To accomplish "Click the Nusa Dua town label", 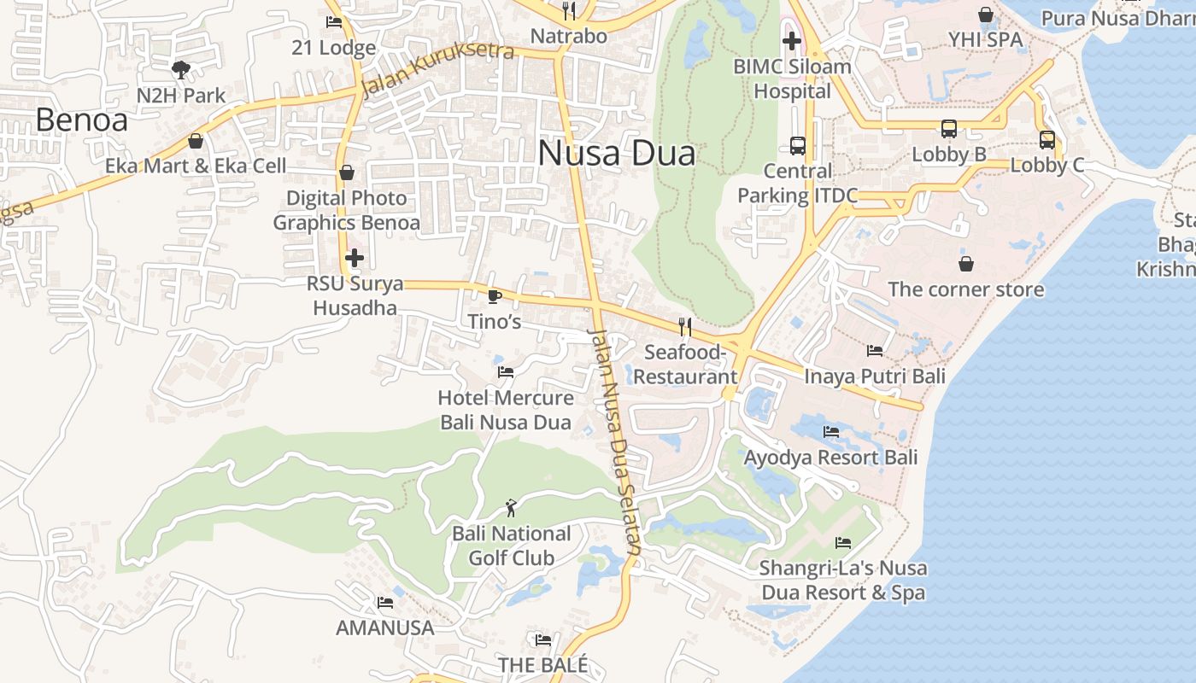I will pos(616,154).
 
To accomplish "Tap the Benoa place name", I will pos(81,120).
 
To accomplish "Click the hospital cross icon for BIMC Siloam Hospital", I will pos(792,40).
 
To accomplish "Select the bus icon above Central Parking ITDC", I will pos(797,145).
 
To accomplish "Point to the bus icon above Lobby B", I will pos(948,129).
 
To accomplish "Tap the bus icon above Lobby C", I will pos(1047,140).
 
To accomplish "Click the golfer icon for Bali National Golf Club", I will pos(511,508).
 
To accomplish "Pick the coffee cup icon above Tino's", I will pos(493,296).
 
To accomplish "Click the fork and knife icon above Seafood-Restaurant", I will pos(684,327).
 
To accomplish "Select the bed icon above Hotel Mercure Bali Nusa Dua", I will pos(505,372).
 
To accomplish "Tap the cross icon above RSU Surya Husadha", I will pos(354,258).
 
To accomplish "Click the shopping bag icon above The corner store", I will pos(965,264).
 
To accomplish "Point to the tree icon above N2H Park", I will pos(180,69).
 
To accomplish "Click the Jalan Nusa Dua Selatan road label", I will pos(614,442).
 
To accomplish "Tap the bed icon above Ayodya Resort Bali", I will pos(830,432).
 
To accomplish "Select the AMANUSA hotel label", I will pos(384,628).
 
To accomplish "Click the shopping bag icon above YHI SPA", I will pos(985,15).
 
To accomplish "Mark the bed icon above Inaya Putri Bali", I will pos(874,350).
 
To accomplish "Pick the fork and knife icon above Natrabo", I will pos(568,11).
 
